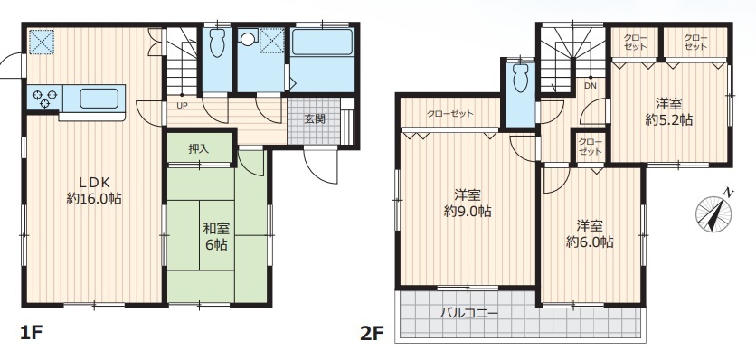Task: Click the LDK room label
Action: [94, 190]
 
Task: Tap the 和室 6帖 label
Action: [216, 236]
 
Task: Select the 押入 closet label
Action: [199, 149]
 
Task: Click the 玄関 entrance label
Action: [315, 118]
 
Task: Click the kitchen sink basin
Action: [99, 99]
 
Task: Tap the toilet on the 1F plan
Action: [217, 43]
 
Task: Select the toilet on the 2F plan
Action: [521, 78]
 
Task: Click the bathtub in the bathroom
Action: [322, 42]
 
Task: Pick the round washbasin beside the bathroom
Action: [249, 38]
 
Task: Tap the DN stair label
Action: [591, 86]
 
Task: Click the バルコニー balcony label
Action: [468, 313]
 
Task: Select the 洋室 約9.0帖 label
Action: [468, 204]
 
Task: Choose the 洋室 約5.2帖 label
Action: [668, 111]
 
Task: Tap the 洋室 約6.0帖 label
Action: [590, 233]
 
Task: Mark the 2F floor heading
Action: [372, 333]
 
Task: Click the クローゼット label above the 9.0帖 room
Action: [449, 114]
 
